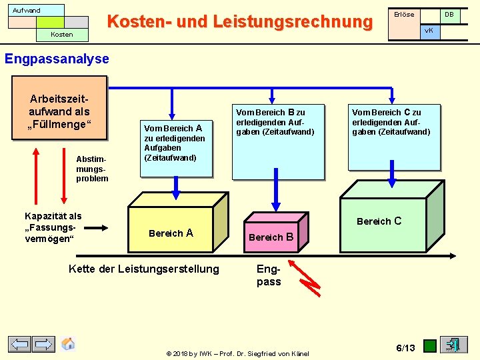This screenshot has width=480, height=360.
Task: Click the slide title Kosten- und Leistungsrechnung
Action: point(239,22)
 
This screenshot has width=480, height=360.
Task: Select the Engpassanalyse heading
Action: point(57,59)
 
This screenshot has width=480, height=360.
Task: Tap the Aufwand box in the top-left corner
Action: point(37,11)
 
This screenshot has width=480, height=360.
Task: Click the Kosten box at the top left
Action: point(62,34)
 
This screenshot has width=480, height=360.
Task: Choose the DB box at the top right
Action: point(449,15)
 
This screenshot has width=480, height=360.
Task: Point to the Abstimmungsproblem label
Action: point(91,169)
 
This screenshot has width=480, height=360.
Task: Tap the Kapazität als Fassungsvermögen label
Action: point(53,227)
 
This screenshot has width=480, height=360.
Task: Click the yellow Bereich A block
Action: point(171,231)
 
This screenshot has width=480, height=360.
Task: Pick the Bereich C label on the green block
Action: point(379,221)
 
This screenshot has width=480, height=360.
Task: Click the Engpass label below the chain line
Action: point(269,275)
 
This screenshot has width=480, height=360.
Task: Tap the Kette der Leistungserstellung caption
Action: point(143,269)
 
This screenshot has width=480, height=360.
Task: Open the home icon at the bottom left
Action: point(68,344)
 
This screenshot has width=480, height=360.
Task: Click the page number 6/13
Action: point(405,347)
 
